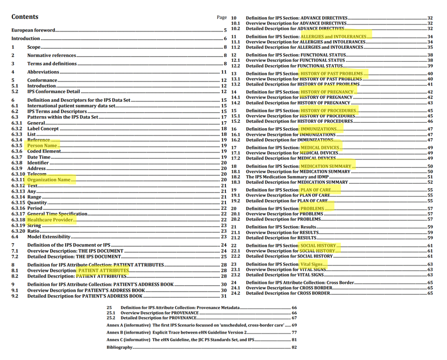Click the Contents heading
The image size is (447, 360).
pos(25,17)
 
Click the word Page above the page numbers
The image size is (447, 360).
pos(221,18)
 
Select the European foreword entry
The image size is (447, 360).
pos(34,31)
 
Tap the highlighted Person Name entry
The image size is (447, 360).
pos(42,146)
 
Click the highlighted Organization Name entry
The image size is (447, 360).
pos(49,180)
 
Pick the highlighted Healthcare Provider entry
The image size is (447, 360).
pos(50,220)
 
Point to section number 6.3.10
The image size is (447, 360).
pos(19,174)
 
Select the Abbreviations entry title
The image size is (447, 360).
pos(43,72)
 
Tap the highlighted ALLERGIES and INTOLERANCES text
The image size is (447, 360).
pos(333,37)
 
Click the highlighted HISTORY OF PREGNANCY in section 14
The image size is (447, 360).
pos(327,92)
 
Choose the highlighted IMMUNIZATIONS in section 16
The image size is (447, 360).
pos(318,129)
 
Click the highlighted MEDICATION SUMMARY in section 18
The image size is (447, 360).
pos(326,167)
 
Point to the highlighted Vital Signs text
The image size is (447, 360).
pos(312,264)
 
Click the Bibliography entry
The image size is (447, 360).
pos(120,348)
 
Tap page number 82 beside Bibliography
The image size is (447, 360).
pos(294,348)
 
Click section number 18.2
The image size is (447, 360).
pos(236,177)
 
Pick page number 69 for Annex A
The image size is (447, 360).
pos(294,326)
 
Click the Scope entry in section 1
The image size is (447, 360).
pos(34,48)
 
